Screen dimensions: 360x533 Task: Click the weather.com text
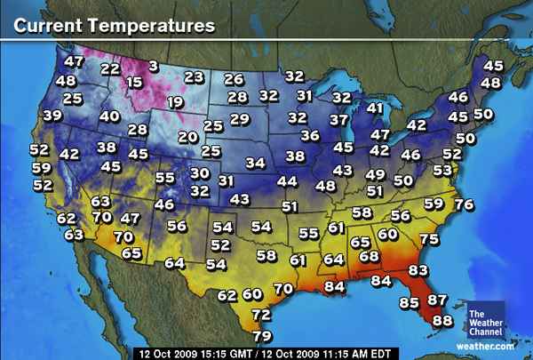coord(486,345)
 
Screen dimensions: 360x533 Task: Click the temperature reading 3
coord(154,65)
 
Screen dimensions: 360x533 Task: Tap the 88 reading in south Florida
coord(442,320)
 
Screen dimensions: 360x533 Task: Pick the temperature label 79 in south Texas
coord(262,336)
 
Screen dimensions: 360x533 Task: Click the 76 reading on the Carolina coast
coord(463,204)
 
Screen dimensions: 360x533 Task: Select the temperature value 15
coord(134,83)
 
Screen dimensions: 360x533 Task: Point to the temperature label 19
coord(175,103)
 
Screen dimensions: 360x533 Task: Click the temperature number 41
coord(376,108)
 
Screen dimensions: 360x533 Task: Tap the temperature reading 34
coord(256,163)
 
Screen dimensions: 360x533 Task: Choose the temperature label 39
coord(52,116)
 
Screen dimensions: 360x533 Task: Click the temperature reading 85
coord(409,304)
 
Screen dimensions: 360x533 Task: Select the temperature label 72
coord(260,315)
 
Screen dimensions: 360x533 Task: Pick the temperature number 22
coord(110,68)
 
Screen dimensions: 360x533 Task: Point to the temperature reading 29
coord(239,119)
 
